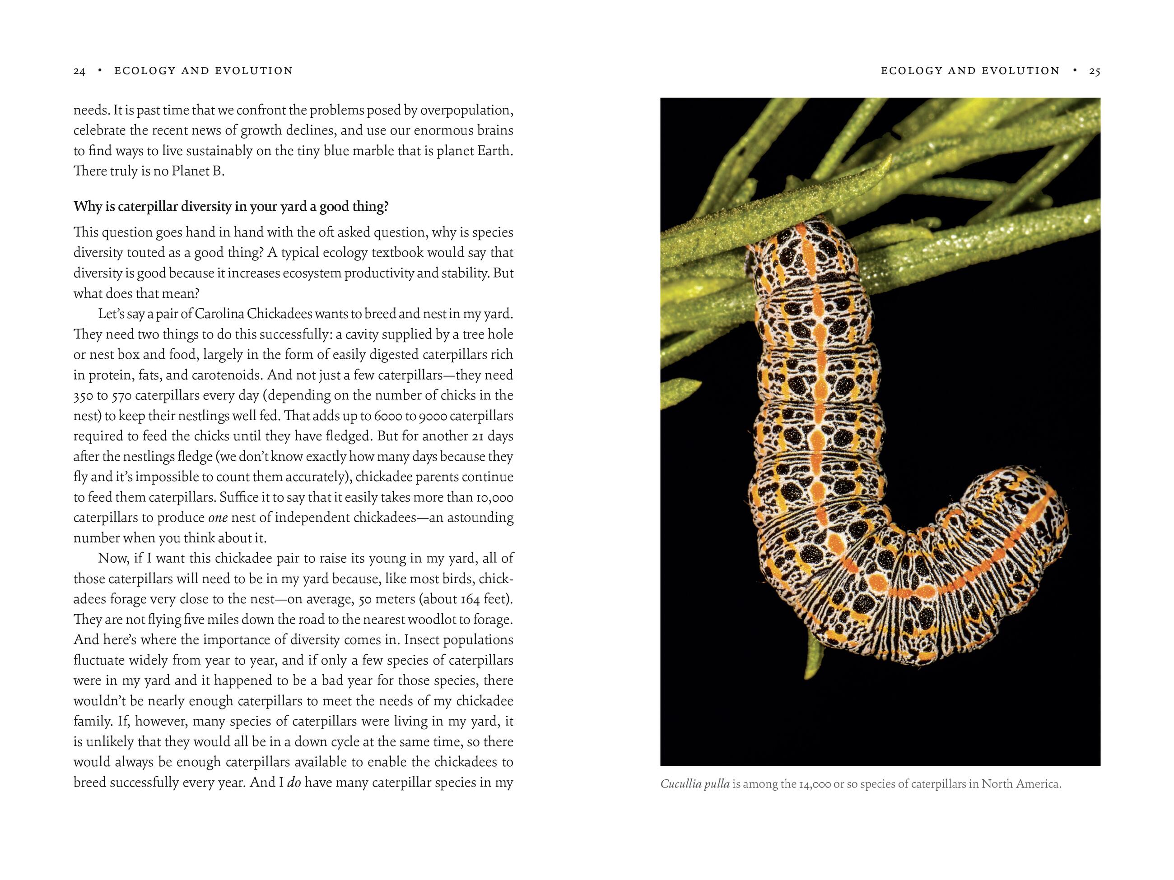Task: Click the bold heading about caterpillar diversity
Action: point(231,206)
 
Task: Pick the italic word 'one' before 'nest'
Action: point(218,518)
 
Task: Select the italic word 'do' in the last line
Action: point(294,783)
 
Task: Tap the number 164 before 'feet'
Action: point(470,599)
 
